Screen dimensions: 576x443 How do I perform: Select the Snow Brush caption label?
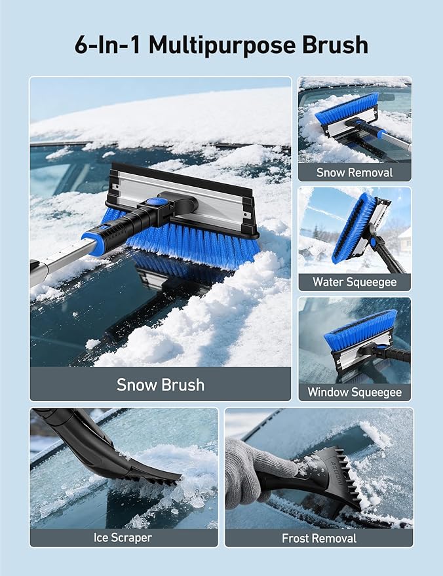(161, 384)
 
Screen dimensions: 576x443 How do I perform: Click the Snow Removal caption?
(355, 172)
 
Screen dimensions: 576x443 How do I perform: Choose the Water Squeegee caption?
(355, 282)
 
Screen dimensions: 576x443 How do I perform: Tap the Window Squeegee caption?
(355, 393)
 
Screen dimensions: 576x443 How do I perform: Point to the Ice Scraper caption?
(123, 537)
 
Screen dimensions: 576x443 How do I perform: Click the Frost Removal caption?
(319, 538)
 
